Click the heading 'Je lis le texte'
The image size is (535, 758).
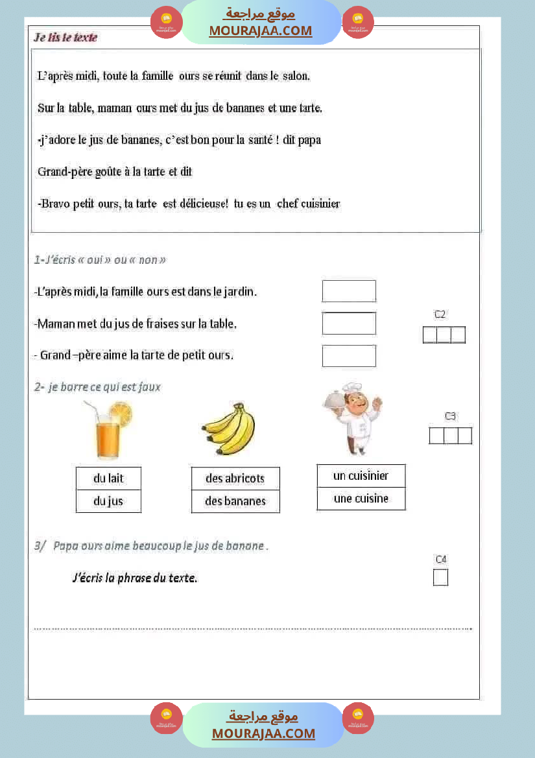click(65, 38)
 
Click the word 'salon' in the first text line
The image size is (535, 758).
click(296, 76)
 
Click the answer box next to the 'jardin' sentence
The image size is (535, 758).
click(349, 291)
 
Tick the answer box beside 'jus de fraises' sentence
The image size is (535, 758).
click(349, 323)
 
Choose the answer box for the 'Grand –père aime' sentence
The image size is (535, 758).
click(349, 355)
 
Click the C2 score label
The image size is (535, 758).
click(440, 314)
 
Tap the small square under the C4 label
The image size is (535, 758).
click(440, 577)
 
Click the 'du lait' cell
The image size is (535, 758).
click(108, 479)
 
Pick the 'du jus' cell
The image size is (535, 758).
click(108, 501)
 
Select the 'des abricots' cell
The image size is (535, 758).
click(235, 479)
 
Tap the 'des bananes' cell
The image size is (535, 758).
click(235, 501)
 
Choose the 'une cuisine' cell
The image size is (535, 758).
click(361, 499)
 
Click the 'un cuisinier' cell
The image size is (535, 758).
click(361, 476)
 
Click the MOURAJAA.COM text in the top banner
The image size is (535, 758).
click(260, 30)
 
